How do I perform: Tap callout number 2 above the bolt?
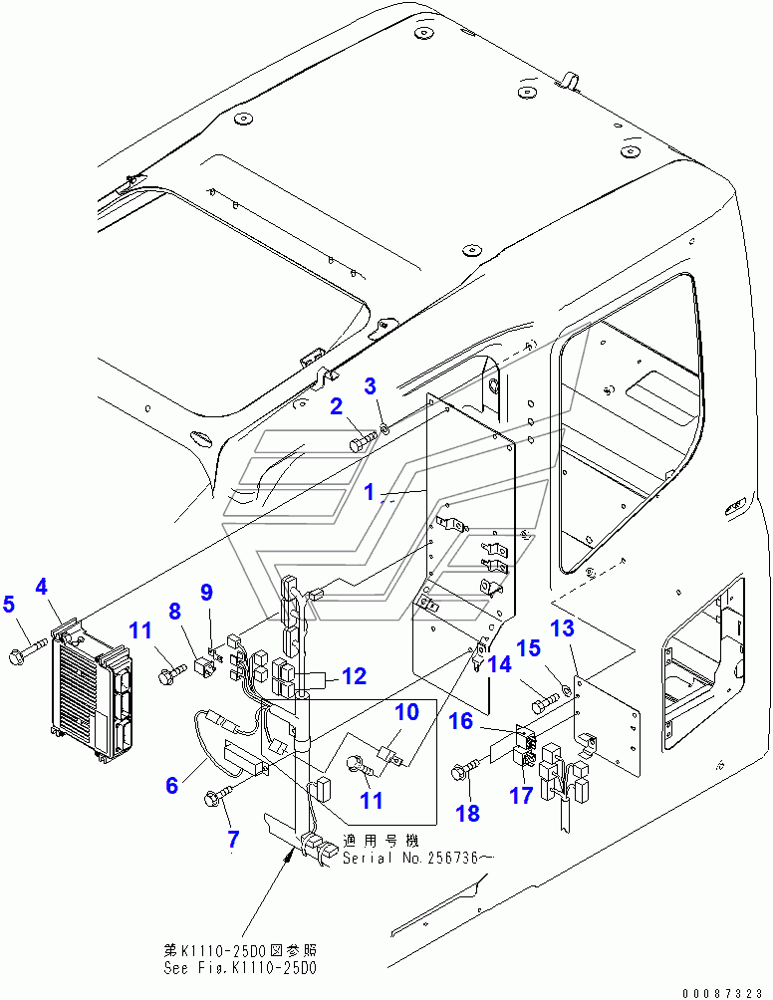point(338,405)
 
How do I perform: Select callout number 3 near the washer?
point(370,385)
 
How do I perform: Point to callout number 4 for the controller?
point(42,587)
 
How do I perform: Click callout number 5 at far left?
point(9,604)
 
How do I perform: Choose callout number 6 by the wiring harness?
point(172,785)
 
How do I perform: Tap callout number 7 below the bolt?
point(233,839)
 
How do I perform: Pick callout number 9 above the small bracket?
point(207,593)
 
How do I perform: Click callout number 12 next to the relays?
point(354,676)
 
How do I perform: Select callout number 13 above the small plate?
point(563,627)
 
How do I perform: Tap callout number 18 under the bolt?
point(468,813)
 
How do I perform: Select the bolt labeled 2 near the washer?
point(362,438)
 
